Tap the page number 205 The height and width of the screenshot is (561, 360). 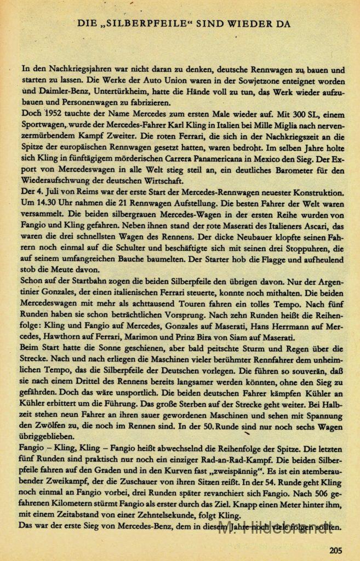(337, 551)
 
